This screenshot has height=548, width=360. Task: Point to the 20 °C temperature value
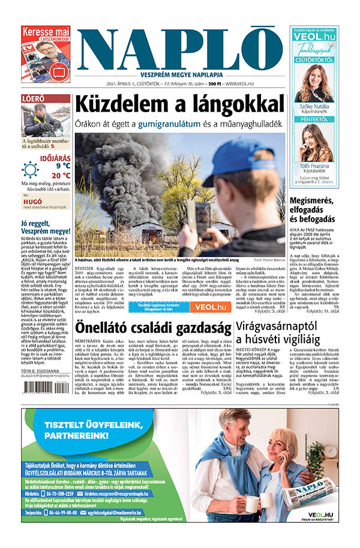tap(59, 175)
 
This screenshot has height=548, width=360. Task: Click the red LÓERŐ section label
tap(33, 99)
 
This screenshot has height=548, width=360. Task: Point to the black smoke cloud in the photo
tap(120, 168)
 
